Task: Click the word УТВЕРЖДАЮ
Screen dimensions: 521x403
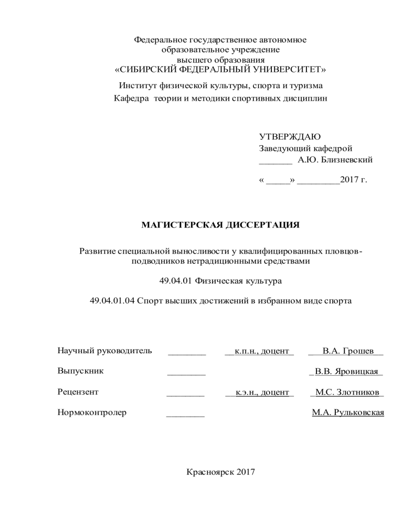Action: click(290, 137)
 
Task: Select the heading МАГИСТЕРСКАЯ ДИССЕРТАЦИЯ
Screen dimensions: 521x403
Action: click(220, 225)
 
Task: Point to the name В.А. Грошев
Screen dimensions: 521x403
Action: click(348, 351)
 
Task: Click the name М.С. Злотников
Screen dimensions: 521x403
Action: click(347, 392)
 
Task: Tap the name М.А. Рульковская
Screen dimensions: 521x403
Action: click(348, 413)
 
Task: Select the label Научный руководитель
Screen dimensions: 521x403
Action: click(104, 351)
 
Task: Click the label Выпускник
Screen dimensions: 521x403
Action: click(80, 371)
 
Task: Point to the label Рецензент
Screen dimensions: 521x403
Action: click(78, 392)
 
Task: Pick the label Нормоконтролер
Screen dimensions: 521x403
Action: click(92, 413)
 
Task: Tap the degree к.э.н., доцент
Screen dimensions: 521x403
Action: click(259, 392)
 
